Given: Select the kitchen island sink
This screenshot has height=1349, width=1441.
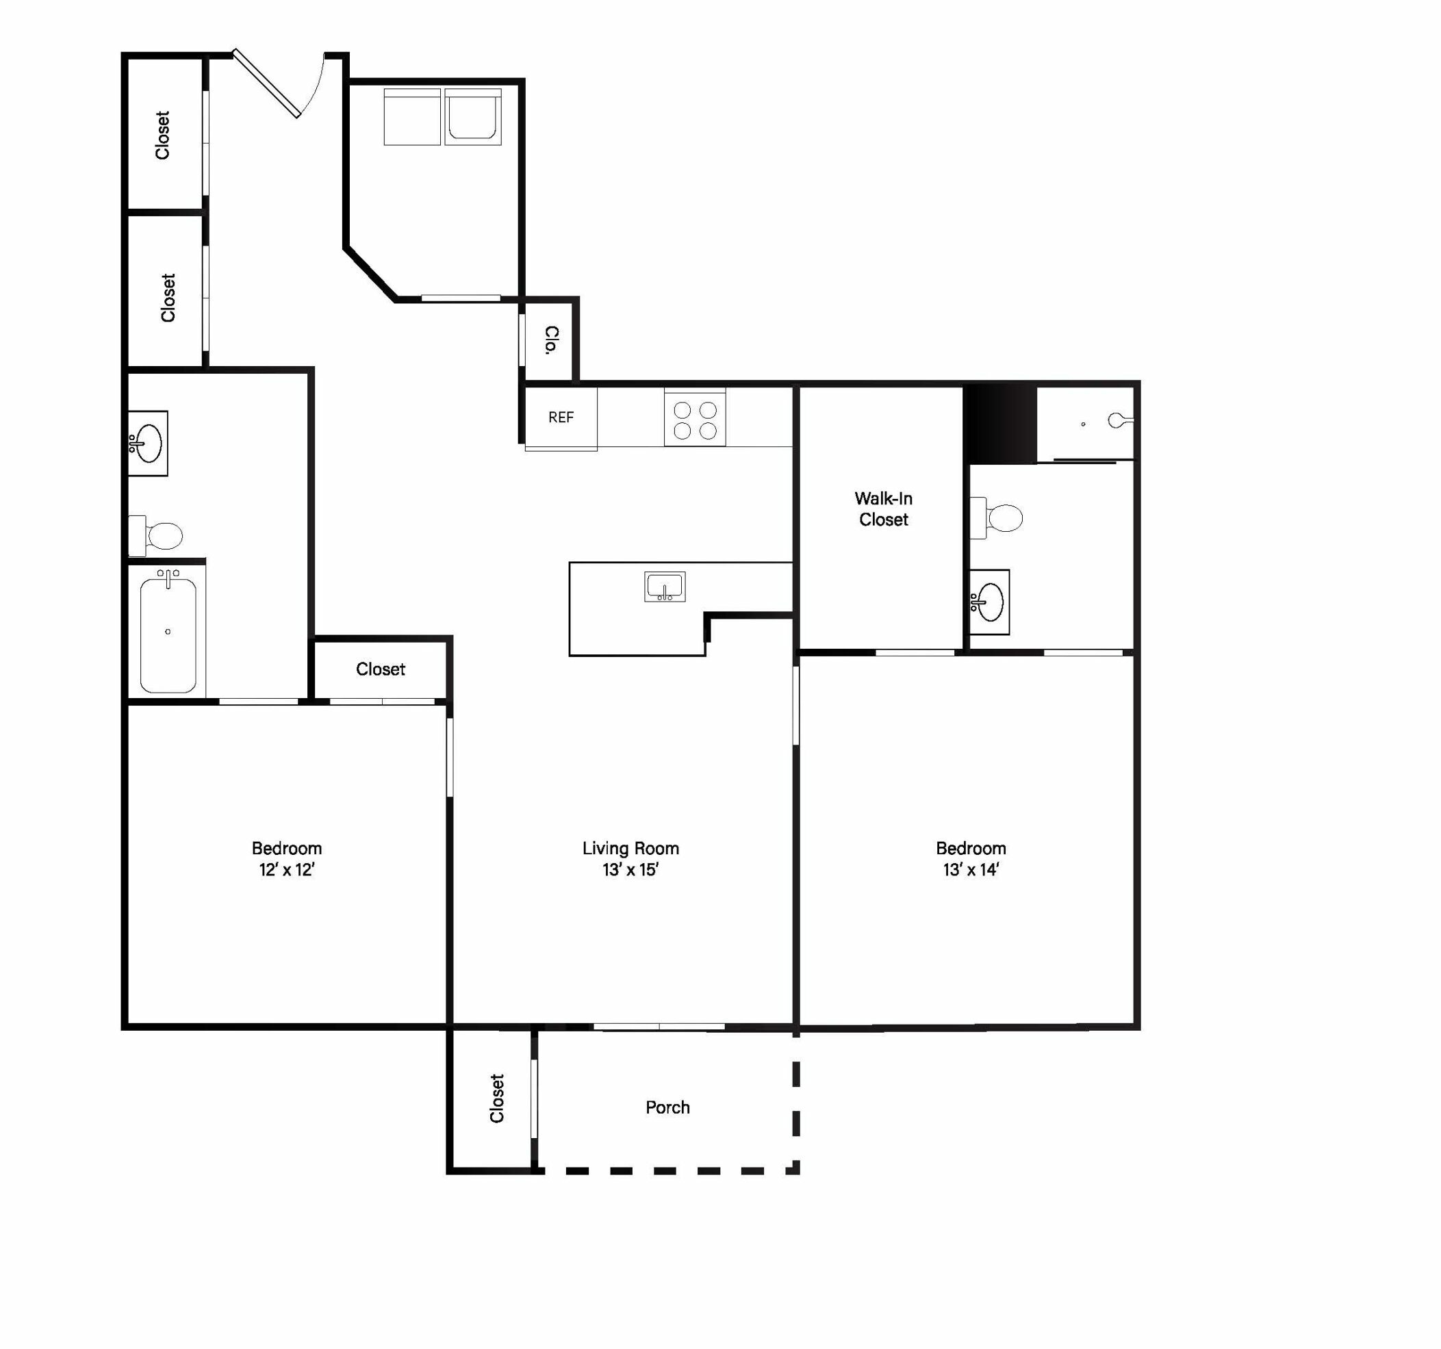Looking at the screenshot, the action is coord(665,587).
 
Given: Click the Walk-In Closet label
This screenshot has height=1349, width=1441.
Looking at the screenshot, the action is coord(883,509).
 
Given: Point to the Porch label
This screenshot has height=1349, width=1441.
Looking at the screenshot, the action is coord(667,1107).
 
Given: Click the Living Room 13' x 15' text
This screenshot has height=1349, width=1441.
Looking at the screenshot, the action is coord(630,859).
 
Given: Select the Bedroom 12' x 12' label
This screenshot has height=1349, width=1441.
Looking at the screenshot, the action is coord(286,859).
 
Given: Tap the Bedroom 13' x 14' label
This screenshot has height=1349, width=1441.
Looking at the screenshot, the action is coord(971,859).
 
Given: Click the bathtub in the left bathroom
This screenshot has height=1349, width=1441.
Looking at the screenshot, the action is coord(168,630).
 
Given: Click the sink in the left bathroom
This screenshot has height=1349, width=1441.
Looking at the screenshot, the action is coord(148,443).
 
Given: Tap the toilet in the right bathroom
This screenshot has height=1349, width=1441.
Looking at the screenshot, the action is coord(997,517).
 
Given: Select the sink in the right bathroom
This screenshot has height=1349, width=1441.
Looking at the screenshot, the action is coord(989,602).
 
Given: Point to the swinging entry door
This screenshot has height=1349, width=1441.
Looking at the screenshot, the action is coord(266,83).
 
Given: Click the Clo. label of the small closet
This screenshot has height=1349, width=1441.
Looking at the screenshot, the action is coord(552,340).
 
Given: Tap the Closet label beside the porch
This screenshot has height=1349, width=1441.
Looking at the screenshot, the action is coord(496,1099).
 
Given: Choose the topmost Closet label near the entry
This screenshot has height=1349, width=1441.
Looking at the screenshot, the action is coord(162,135).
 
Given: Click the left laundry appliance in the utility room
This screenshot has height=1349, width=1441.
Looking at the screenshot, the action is coord(411,117).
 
